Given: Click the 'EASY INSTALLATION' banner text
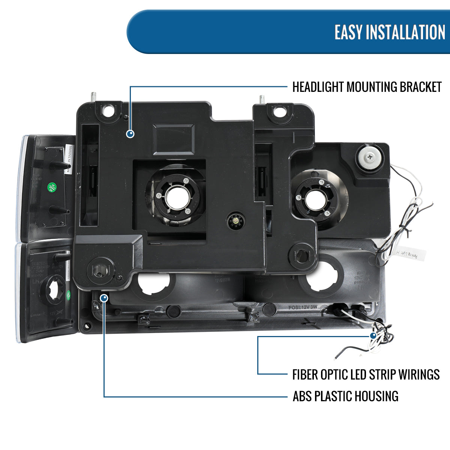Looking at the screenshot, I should [x=390, y=32].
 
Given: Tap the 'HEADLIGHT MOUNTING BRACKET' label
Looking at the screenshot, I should [x=367, y=87].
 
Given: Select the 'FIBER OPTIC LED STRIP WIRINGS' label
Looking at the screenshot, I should [x=366, y=374].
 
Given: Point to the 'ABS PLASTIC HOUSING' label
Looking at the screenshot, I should [x=345, y=396].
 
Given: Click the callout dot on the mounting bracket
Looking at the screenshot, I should [x=130, y=133].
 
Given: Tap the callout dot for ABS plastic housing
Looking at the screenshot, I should [x=104, y=298].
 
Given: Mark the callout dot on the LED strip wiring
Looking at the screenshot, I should [x=373, y=336].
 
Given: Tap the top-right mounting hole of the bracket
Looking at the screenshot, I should [x=279, y=111].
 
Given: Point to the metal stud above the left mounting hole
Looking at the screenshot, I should [x=92, y=96].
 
